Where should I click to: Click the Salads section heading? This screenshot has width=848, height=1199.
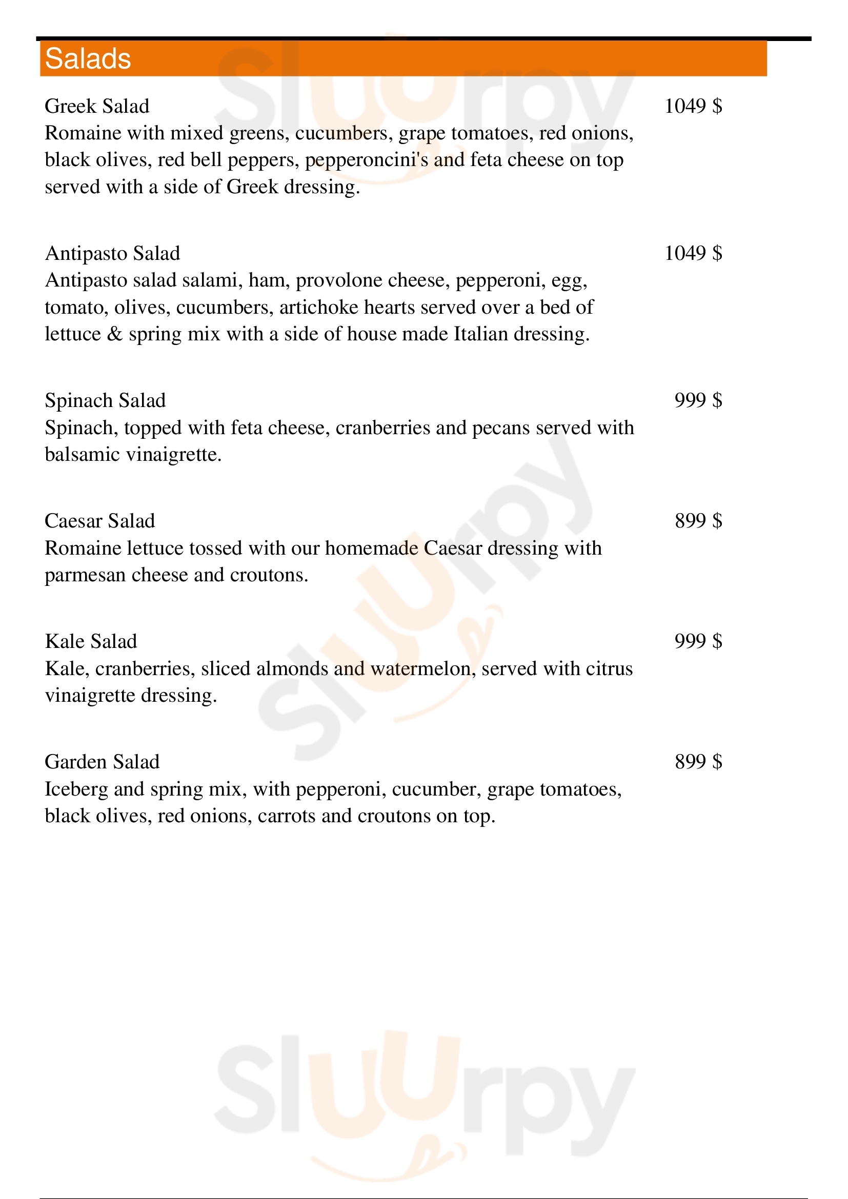coord(88,58)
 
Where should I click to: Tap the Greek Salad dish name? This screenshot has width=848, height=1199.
coord(97,106)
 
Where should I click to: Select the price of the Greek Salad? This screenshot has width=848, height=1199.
coord(693,106)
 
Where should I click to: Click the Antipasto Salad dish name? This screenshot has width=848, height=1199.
coord(112,253)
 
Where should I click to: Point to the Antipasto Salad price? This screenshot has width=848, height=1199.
coord(693,253)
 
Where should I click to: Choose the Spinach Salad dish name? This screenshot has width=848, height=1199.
coord(105,400)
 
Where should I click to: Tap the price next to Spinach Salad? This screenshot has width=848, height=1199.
coord(698,400)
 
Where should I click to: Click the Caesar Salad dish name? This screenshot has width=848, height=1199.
coord(100,521)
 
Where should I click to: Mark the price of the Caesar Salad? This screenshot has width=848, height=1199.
coord(698,521)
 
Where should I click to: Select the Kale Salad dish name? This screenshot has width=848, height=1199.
coord(91,641)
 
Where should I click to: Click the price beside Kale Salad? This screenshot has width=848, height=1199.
coord(698,641)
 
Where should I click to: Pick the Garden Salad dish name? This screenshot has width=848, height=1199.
coord(102,762)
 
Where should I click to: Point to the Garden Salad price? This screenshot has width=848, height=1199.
coord(698,762)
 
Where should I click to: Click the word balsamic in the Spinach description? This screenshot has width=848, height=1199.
coord(83,455)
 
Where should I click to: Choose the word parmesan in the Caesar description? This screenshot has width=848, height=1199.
coord(85,576)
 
